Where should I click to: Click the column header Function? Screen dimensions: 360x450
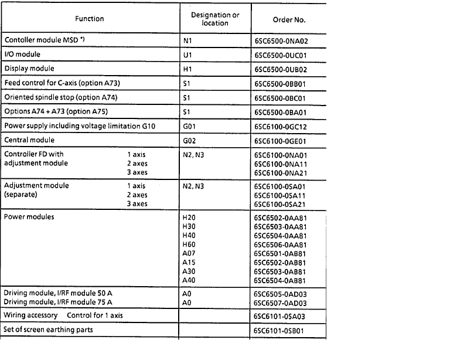(89, 19)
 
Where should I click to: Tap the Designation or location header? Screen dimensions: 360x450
(215, 19)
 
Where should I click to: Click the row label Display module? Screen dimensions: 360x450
(29, 68)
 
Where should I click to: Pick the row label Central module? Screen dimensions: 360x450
(29, 140)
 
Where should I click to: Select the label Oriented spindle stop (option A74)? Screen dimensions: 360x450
(64, 97)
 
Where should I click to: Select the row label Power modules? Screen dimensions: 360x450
(29, 217)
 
